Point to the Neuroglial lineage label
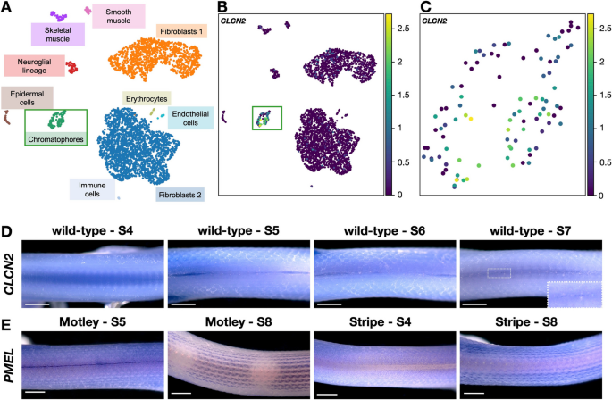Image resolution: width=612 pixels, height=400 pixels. (x=33, y=66)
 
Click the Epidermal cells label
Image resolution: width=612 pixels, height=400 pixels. (x=29, y=97)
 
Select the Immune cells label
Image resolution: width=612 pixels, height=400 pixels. (x=93, y=189)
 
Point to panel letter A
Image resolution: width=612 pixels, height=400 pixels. (x=7, y=8)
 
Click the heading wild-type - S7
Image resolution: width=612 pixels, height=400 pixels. (x=531, y=217)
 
